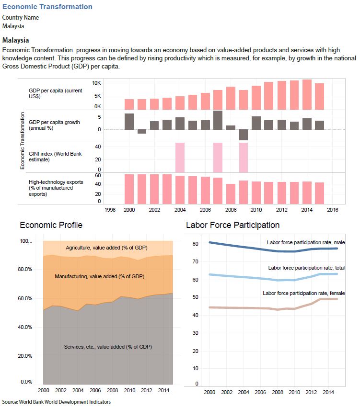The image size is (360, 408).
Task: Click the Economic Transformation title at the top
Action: coord(47,7)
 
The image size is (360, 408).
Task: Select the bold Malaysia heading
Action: coord(15,40)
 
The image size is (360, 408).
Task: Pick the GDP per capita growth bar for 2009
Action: coord(243,135)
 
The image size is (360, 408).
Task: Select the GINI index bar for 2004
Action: coord(180,158)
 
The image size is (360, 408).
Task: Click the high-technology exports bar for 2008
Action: coord(231,194)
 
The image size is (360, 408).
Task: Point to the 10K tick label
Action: coord(96,83)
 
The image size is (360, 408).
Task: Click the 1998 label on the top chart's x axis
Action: coord(110,210)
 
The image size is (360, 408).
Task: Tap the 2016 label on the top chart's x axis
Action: coord(332,210)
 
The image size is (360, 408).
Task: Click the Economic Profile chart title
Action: coord(51,225)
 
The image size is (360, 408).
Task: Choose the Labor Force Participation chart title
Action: coord(232,225)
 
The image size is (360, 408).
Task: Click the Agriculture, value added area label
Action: coord(106,248)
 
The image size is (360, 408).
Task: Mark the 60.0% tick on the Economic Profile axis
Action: coord(23,298)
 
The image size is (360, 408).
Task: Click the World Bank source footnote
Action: coord(56,402)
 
